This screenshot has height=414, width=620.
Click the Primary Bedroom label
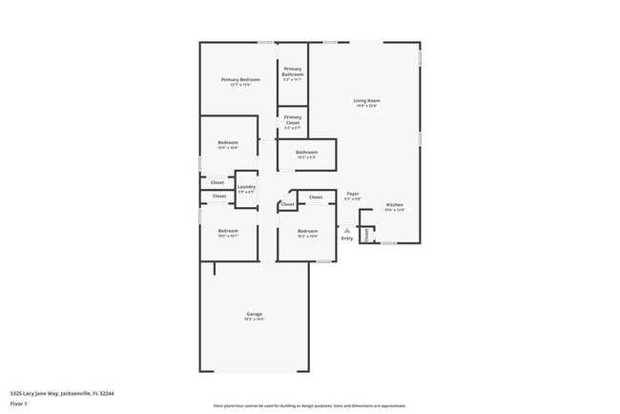pyautogui.click(x=240, y=79)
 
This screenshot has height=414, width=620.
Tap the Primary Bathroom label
pyautogui.click(x=293, y=72)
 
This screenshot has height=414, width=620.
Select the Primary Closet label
pyautogui.click(x=293, y=119)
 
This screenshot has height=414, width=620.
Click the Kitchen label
pyautogui.click(x=395, y=205)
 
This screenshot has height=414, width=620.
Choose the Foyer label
pyautogui.click(x=353, y=194)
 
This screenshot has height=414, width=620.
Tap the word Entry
pyautogui.click(x=347, y=238)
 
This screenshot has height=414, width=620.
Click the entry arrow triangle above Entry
pyautogui.click(x=347, y=230)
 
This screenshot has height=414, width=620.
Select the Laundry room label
pyautogui.click(x=246, y=187)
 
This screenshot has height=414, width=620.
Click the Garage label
pyautogui.click(x=255, y=314)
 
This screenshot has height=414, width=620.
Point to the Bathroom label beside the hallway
pyautogui.click(x=306, y=153)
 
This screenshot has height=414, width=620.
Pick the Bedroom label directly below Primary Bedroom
pyautogui.click(x=228, y=143)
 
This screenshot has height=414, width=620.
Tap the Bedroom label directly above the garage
pyautogui.click(x=228, y=231)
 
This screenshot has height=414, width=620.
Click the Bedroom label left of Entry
pyautogui.click(x=306, y=231)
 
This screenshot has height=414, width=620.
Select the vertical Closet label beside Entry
pyautogui.click(x=366, y=234)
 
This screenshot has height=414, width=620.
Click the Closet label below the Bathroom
pyautogui.click(x=316, y=197)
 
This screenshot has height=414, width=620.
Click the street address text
pyautogui.click(x=62, y=392)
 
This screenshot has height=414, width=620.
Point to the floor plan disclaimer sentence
pyautogui.click(x=309, y=405)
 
